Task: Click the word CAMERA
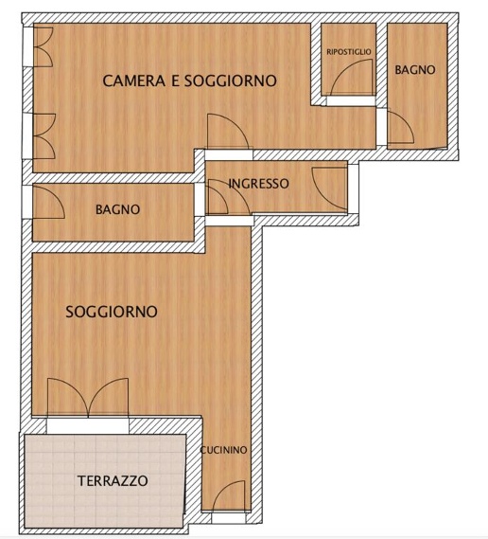pos(133,81)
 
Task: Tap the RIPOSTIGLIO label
pos(349,51)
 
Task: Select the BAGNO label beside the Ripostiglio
pos(415,69)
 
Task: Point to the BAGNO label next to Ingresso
pos(117,210)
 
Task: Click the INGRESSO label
pos(258,184)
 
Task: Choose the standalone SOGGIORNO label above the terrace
pos(111,311)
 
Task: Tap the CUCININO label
pos(224,451)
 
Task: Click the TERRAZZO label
pos(112,481)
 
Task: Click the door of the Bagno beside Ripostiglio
pos(397,128)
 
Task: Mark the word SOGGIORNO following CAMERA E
pos(230,81)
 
